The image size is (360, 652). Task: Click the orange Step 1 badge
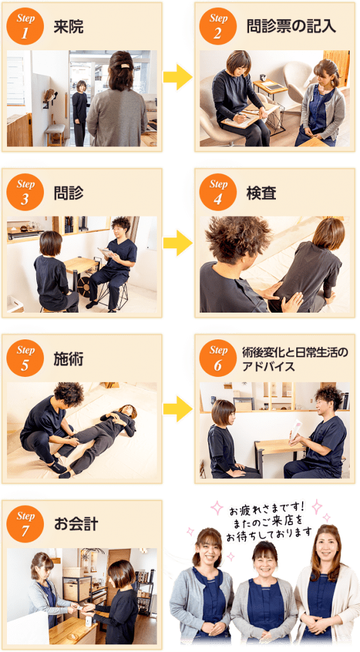click(x=25, y=27)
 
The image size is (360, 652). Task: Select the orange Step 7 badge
click(x=25, y=524)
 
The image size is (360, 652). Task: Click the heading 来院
click(x=68, y=27)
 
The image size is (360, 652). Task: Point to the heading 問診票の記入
click(x=291, y=27)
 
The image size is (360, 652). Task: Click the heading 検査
click(x=261, y=192)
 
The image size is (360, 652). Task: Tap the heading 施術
click(x=68, y=358)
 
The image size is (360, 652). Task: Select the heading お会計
click(x=76, y=525)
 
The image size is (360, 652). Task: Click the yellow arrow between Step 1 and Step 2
click(x=178, y=77)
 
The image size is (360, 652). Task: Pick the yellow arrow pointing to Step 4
click(x=178, y=243)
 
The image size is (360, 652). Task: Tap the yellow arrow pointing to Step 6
click(x=178, y=409)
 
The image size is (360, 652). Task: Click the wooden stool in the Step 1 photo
click(x=55, y=134)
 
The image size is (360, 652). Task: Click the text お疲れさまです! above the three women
click(x=267, y=509)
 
